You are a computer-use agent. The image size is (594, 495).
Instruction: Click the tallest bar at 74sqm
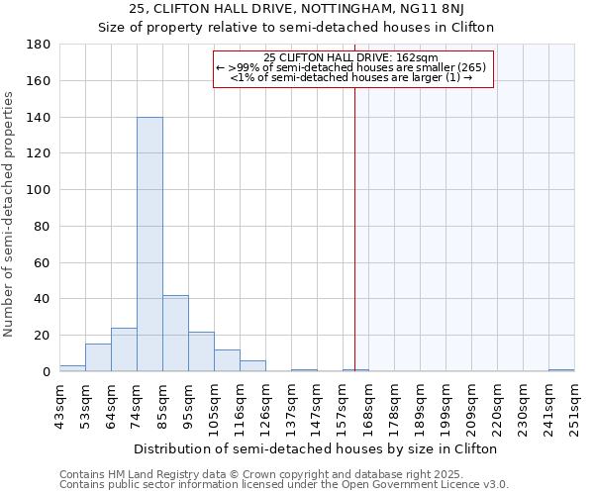coord(149,245)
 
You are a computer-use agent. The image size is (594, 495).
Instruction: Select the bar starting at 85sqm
coord(175,334)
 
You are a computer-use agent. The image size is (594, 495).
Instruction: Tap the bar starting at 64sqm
coord(124,349)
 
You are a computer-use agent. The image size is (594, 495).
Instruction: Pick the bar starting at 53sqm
coord(98,357)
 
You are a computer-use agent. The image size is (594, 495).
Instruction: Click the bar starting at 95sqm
coord(201,351)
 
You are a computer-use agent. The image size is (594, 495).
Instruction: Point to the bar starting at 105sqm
coord(227,360)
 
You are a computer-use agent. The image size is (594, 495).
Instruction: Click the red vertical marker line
coord(354,228)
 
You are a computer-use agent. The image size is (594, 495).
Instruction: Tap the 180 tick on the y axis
coord(40,45)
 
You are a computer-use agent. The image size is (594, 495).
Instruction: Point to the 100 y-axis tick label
coord(40,190)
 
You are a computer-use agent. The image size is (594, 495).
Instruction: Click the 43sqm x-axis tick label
coord(59,405)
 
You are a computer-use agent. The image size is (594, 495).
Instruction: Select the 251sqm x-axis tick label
coord(574,405)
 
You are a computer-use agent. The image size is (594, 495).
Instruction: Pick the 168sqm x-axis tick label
coord(368,405)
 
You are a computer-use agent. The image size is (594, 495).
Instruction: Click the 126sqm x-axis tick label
coord(265,405)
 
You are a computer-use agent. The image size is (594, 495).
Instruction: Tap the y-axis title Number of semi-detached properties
coord(10,213)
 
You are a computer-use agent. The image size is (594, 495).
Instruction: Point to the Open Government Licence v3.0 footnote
coord(284,485)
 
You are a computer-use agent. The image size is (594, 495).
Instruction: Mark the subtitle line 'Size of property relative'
coord(295,27)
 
